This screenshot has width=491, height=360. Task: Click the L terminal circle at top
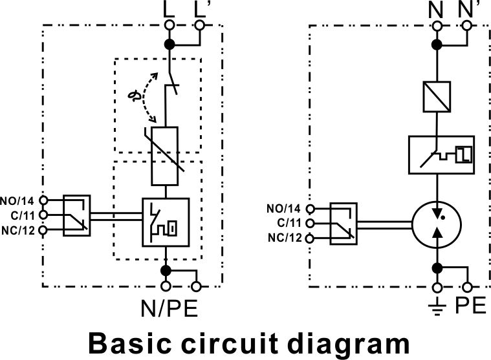click(x=169, y=25)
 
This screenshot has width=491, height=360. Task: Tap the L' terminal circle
click(x=199, y=25)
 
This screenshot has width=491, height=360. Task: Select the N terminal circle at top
click(x=437, y=26)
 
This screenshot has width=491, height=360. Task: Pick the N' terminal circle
click(x=467, y=26)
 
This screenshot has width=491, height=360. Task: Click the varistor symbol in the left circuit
click(x=165, y=156)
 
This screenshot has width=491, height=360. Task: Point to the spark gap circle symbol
click(x=437, y=224)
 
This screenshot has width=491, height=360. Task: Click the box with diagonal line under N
click(x=437, y=97)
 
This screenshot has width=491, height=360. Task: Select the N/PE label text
click(x=169, y=308)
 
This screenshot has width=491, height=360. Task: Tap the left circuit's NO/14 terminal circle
click(x=43, y=200)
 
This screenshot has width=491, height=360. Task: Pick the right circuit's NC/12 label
click(x=285, y=238)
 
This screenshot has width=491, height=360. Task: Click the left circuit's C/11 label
click(x=23, y=215)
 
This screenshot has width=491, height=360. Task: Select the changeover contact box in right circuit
click(x=344, y=224)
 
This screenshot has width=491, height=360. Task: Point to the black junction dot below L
click(x=169, y=45)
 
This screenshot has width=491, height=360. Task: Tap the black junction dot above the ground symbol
click(x=437, y=268)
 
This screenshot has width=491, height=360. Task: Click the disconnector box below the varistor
click(x=166, y=222)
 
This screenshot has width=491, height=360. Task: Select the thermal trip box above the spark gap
click(x=442, y=155)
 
